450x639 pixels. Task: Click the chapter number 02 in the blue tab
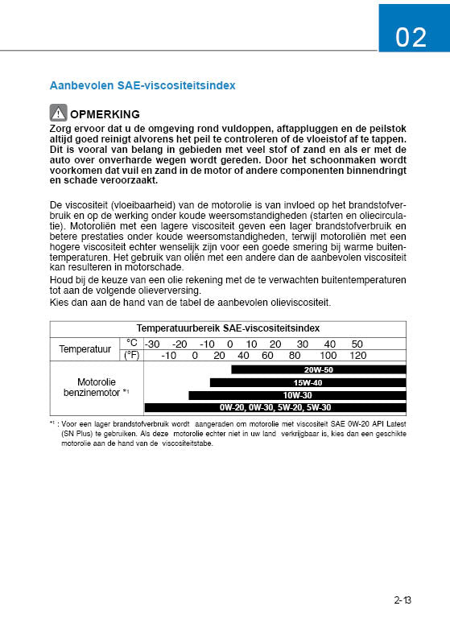pos(411,37)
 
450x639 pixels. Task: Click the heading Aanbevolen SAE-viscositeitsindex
pos(142,85)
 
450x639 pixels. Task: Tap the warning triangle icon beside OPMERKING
pos(58,113)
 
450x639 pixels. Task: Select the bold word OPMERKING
pos(105,114)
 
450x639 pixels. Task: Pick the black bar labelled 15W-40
pos(308,382)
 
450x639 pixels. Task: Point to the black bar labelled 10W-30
pos(297,395)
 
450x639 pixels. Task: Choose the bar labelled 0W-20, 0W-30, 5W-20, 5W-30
pos(275,407)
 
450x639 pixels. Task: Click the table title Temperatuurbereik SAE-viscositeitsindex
pos(228,328)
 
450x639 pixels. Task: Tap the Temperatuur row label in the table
pos(85,348)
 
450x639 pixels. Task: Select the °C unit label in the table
pos(132,343)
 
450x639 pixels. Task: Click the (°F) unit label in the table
pos(132,355)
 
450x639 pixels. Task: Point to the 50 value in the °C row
pos(357,343)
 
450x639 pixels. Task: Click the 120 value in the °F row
pos(357,355)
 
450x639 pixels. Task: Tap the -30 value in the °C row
pos(152,343)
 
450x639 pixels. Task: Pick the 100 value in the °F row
pos(328,355)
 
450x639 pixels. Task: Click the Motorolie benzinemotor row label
pos(97,386)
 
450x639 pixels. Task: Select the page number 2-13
pos(403,600)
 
